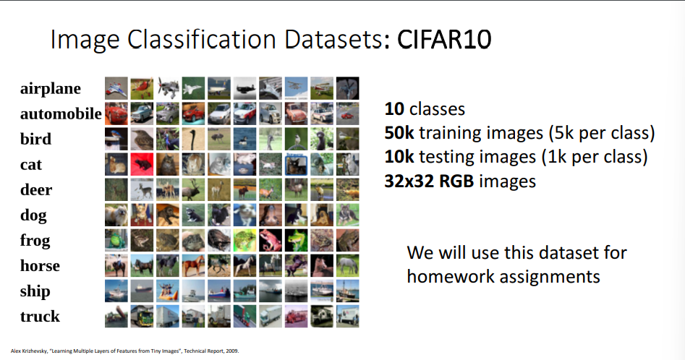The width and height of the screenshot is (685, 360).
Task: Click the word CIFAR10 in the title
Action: [x=444, y=39]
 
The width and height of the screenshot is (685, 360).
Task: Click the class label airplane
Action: [x=51, y=89]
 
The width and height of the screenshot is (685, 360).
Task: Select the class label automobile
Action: [x=61, y=114]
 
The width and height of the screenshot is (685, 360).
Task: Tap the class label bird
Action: [x=35, y=140]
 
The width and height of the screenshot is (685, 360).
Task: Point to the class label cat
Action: [x=31, y=165]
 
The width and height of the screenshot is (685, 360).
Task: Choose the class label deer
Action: [x=36, y=190]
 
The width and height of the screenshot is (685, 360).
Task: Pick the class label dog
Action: [x=33, y=215]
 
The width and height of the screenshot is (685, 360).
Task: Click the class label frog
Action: [x=35, y=241]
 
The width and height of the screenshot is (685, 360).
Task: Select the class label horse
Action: [x=40, y=266]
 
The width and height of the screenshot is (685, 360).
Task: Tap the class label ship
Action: [x=35, y=291]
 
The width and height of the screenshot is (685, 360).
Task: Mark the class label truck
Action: [x=40, y=317]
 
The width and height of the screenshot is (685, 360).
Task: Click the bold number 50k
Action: [x=398, y=133]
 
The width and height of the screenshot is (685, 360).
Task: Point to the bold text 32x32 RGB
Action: [x=429, y=181]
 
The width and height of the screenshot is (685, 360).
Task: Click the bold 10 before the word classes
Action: [x=394, y=109]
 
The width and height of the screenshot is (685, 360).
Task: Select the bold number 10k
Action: [x=398, y=157]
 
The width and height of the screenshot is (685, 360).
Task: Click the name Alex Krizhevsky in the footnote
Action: [x=29, y=351]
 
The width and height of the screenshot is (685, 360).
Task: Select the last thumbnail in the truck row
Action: [x=347, y=316]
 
